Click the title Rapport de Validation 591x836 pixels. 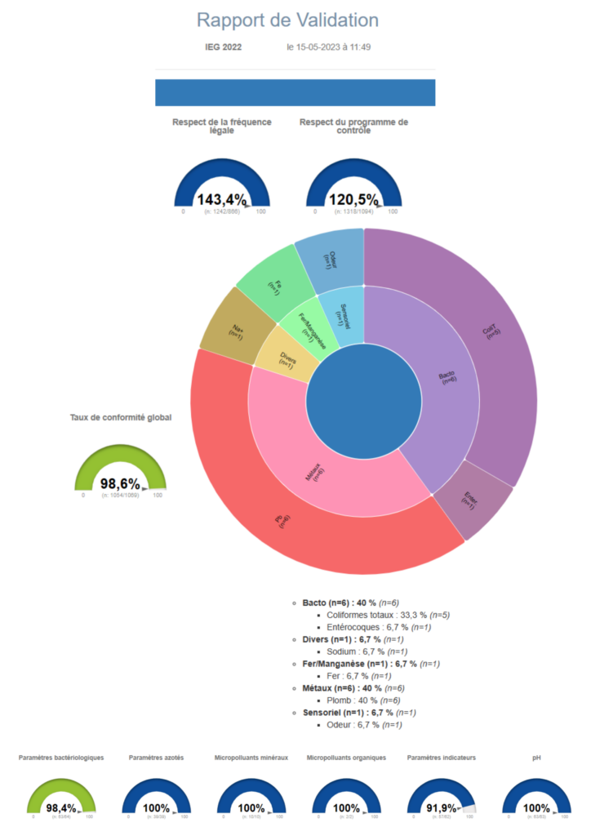pyautogui.click(x=287, y=20)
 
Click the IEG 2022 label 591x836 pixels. pyautogui.click(x=223, y=47)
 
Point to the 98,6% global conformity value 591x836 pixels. pyautogui.click(x=120, y=484)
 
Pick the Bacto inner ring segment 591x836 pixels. pyautogui.click(x=447, y=377)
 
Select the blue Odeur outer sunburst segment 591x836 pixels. pyautogui.click(x=329, y=258)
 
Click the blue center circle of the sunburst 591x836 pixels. pyautogui.click(x=364, y=400)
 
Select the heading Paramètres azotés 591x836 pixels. pyautogui.click(x=156, y=758)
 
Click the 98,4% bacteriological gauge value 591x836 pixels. pyautogui.click(x=61, y=808)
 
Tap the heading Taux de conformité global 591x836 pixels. pyautogui.click(x=120, y=417)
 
